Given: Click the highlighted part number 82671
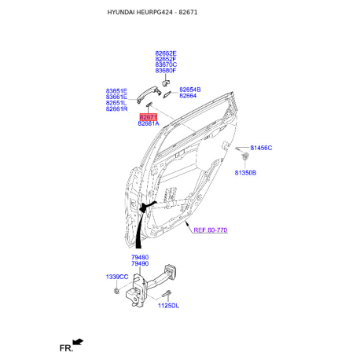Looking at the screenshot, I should pyautogui.click(x=149, y=117).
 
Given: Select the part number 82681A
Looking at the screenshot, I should pyautogui.click(x=149, y=124).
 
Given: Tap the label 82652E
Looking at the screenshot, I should pyautogui.click(x=166, y=53).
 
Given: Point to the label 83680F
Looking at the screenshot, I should pyautogui.click(x=166, y=72).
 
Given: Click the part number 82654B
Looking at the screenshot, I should pyautogui.click(x=189, y=90).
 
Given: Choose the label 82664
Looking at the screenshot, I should pyautogui.click(x=187, y=96).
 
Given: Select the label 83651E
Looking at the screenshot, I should pyautogui.click(x=116, y=90).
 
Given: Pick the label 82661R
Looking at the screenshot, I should pyautogui.click(x=116, y=109).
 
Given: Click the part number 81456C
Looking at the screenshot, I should pyautogui.click(x=261, y=148).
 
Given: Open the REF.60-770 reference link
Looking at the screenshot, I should pyautogui.click(x=210, y=231).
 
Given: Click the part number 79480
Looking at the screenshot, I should pyautogui.click(x=140, y=257).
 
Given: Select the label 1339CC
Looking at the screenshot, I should pyautogui.click(x=117, y=277).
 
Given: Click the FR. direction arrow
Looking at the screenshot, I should pyautogui.click(x=78, y=343).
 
